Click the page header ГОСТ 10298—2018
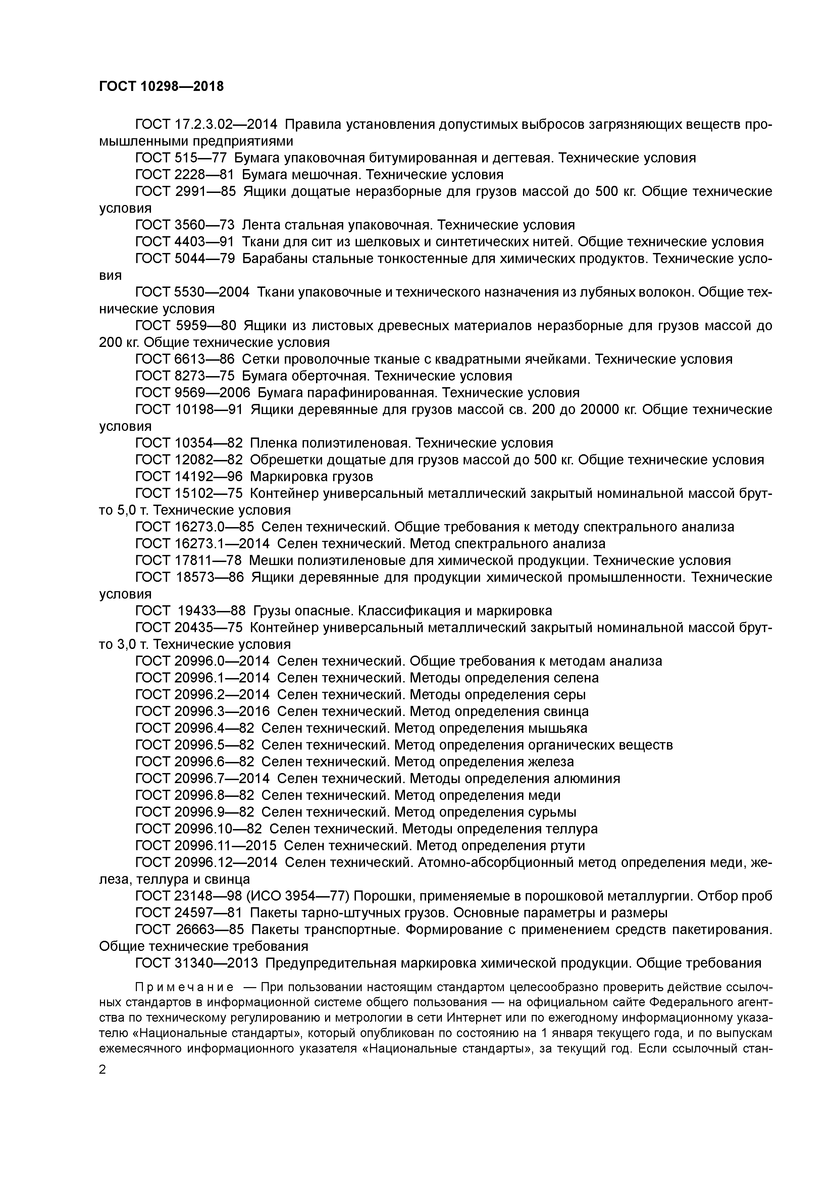pos(161,87)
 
